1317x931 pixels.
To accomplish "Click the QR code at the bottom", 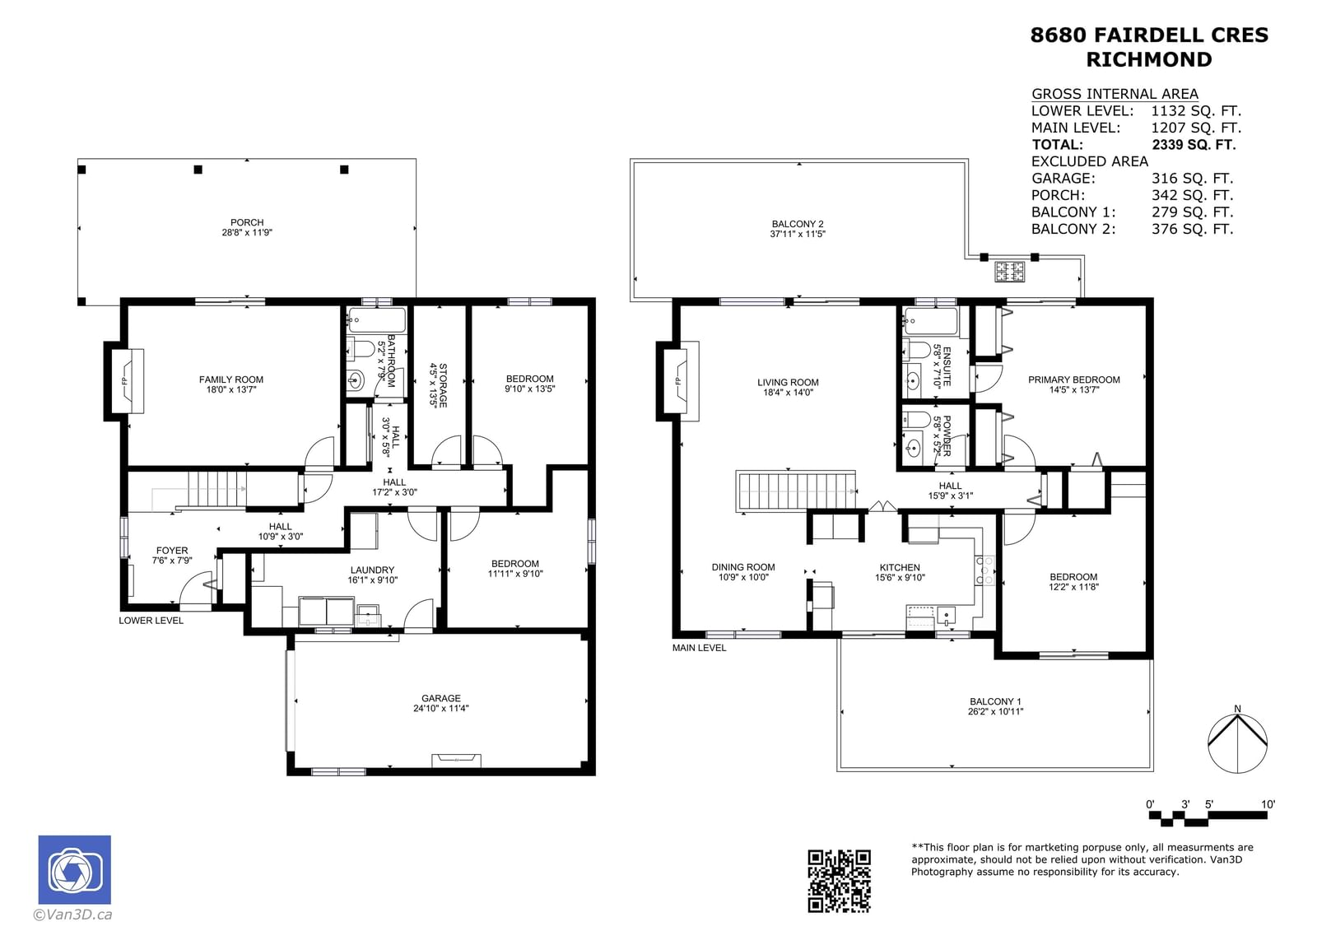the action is (x=839, y=881).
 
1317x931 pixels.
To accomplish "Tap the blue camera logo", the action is (x=75, y=869).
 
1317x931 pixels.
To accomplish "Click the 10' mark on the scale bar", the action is (x=1268, y=804).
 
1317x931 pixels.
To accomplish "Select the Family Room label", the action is (x=231, y=379).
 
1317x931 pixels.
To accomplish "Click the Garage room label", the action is (x=441, y=698).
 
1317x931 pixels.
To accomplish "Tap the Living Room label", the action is (x=788, y=382).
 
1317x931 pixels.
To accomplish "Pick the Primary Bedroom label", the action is (x=1073, y=380).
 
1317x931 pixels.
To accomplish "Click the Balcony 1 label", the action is (x=995, y=701).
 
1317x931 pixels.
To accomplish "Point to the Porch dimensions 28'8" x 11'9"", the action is (x=247, y=232).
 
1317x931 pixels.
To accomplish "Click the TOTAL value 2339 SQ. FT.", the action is (x=1194, y=145).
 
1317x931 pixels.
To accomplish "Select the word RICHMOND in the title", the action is (x=1149, y=59).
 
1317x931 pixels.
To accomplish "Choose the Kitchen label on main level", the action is (x=900, y=567).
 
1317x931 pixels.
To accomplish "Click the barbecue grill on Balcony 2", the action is (x=1009, y=272).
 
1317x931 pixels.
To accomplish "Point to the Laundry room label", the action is (x=372, y=570).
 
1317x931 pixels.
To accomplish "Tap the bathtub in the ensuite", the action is (x=931, y=321).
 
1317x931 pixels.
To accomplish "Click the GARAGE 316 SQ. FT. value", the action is (x=1193, y=178).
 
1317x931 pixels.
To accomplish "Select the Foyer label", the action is (x=172, y=551).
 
